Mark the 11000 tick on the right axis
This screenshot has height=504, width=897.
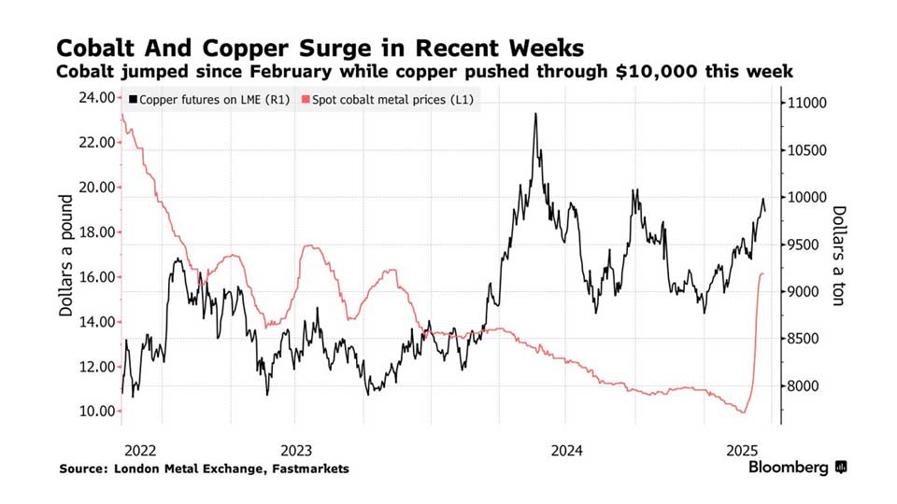(809, 103)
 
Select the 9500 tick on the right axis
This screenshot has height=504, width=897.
(805, 245)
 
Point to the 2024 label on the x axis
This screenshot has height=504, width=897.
(566, 449)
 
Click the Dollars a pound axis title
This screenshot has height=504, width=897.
(66, 255)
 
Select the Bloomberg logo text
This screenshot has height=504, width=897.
(790, 467)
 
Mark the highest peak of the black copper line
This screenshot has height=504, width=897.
(535, 114)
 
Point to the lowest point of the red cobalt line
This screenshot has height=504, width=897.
(744, 413)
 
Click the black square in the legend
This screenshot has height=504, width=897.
(135, 99)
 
